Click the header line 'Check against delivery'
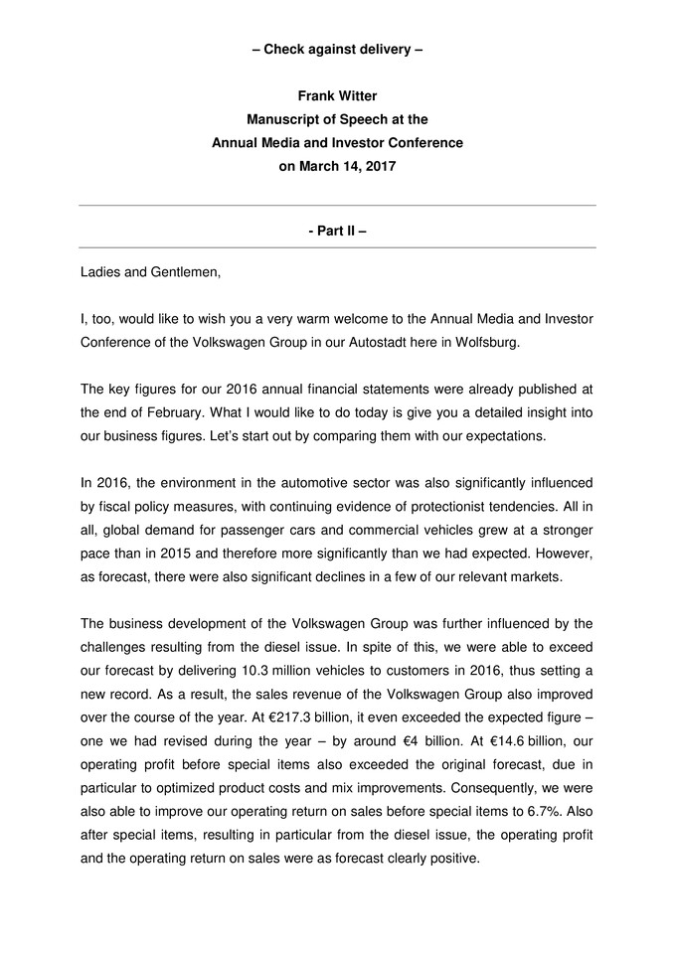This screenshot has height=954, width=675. [x=337, y=49]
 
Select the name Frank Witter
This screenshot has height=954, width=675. [x=337, y=95]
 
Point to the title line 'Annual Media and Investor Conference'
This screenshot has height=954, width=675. [x=337, y=143]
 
